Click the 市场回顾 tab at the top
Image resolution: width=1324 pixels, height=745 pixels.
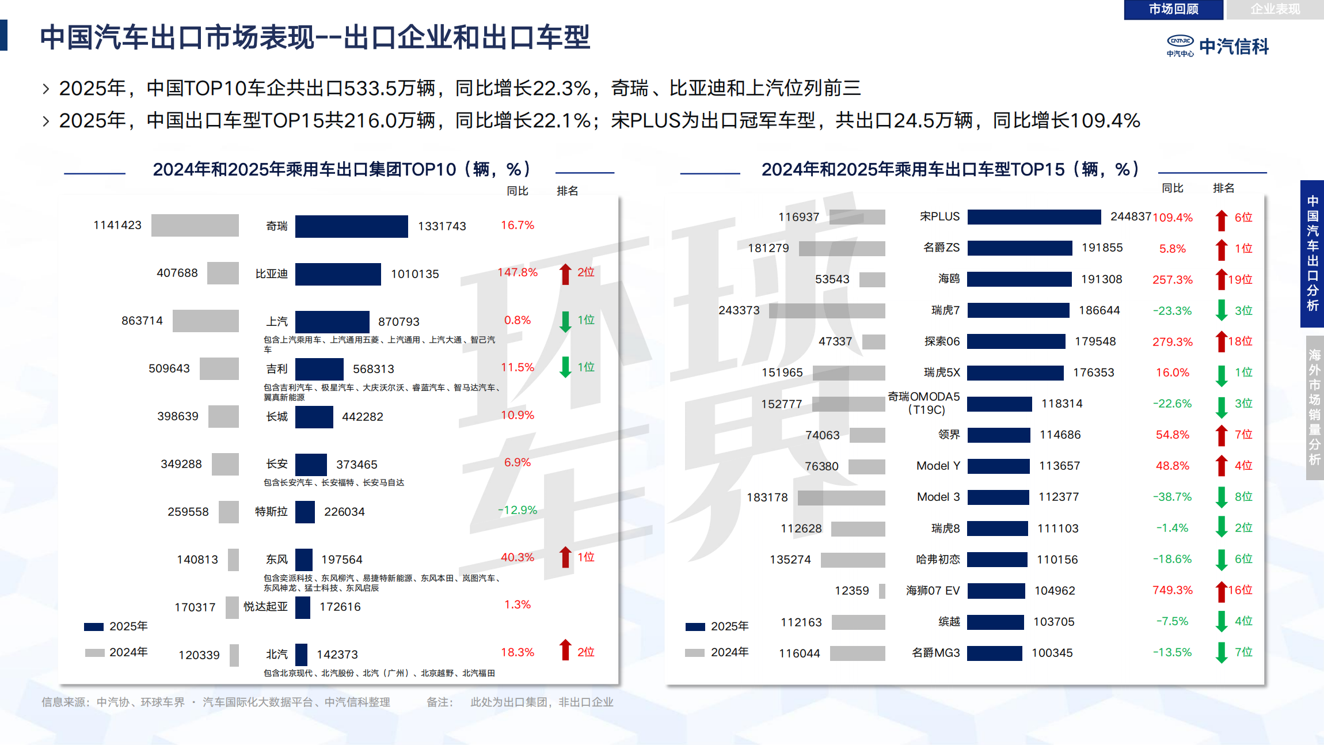1173,9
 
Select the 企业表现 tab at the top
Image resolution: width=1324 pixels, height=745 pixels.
1274,9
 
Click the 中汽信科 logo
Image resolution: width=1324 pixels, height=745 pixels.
1218,46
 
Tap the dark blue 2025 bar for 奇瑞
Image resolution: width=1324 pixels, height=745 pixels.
351,226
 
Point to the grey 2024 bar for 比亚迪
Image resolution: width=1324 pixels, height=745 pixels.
223,273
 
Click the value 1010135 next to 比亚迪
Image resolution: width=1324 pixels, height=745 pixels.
414,274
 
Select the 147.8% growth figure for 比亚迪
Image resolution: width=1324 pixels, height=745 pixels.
518,272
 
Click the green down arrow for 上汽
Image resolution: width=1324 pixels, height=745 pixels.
565,321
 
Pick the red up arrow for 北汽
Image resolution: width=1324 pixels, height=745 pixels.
565,650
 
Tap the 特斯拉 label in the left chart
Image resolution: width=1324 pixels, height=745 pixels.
271,512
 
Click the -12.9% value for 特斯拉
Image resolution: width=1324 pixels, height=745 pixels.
518,510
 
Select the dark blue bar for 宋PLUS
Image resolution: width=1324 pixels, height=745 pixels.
1034,217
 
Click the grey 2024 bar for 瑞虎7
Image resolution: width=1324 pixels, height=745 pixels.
827,311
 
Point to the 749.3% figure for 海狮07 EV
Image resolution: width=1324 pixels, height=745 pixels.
1172,590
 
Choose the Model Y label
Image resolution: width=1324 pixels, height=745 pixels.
938,466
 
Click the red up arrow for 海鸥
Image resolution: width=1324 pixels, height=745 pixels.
1220,280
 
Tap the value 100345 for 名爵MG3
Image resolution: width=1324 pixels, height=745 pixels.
1052,653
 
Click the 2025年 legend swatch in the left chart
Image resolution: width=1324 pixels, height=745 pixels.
94,626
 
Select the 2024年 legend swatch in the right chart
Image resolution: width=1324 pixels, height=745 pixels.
695,653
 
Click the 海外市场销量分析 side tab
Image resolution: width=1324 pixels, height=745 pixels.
1314,407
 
